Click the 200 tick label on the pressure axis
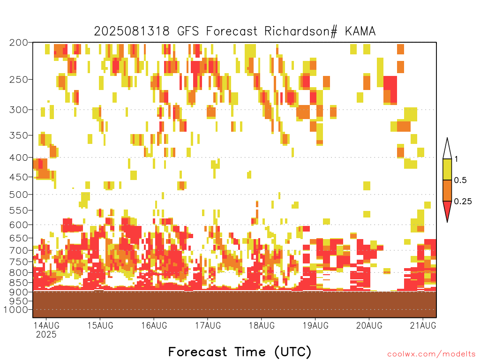click(19, 43)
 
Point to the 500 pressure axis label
click(19, 195)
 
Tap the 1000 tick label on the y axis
click(16, 310)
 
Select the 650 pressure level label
click(19, 238)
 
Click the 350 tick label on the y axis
click(19, 135)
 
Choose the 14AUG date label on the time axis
click(46, 325)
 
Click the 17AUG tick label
click(208, 325)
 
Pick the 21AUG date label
click(423, 325)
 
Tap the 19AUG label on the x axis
click(315, 325)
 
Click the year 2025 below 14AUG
click(46, 335)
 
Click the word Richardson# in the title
click(301, 31)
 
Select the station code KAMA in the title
click(360, 31)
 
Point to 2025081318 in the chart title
click(132, 31)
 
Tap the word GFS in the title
click(188, 31)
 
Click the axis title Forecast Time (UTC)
click(240, 352)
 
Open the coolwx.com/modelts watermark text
click(432, 354)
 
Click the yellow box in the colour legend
click(447, 169)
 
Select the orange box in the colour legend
click(447, 190)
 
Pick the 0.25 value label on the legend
click(463, 202)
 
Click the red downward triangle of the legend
click(447, 210)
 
